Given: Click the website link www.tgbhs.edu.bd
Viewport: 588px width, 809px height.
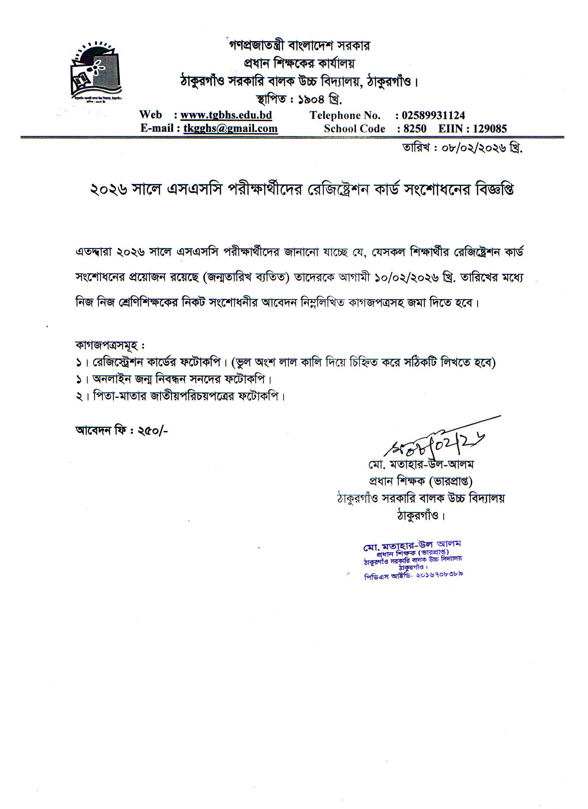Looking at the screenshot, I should (226, 115).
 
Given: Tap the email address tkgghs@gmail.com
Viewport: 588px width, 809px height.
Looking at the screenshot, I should (230, 129).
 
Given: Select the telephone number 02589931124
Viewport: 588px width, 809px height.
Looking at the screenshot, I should (433, 115).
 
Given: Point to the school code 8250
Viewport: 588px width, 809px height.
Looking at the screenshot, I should (415, 129).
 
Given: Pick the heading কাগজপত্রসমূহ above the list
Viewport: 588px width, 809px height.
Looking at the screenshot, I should (108, 345).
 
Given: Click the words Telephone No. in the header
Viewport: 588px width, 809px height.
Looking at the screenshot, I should (344, 115).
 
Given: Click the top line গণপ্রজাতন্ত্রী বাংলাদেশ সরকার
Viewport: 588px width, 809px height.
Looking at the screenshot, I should (299, 46).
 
